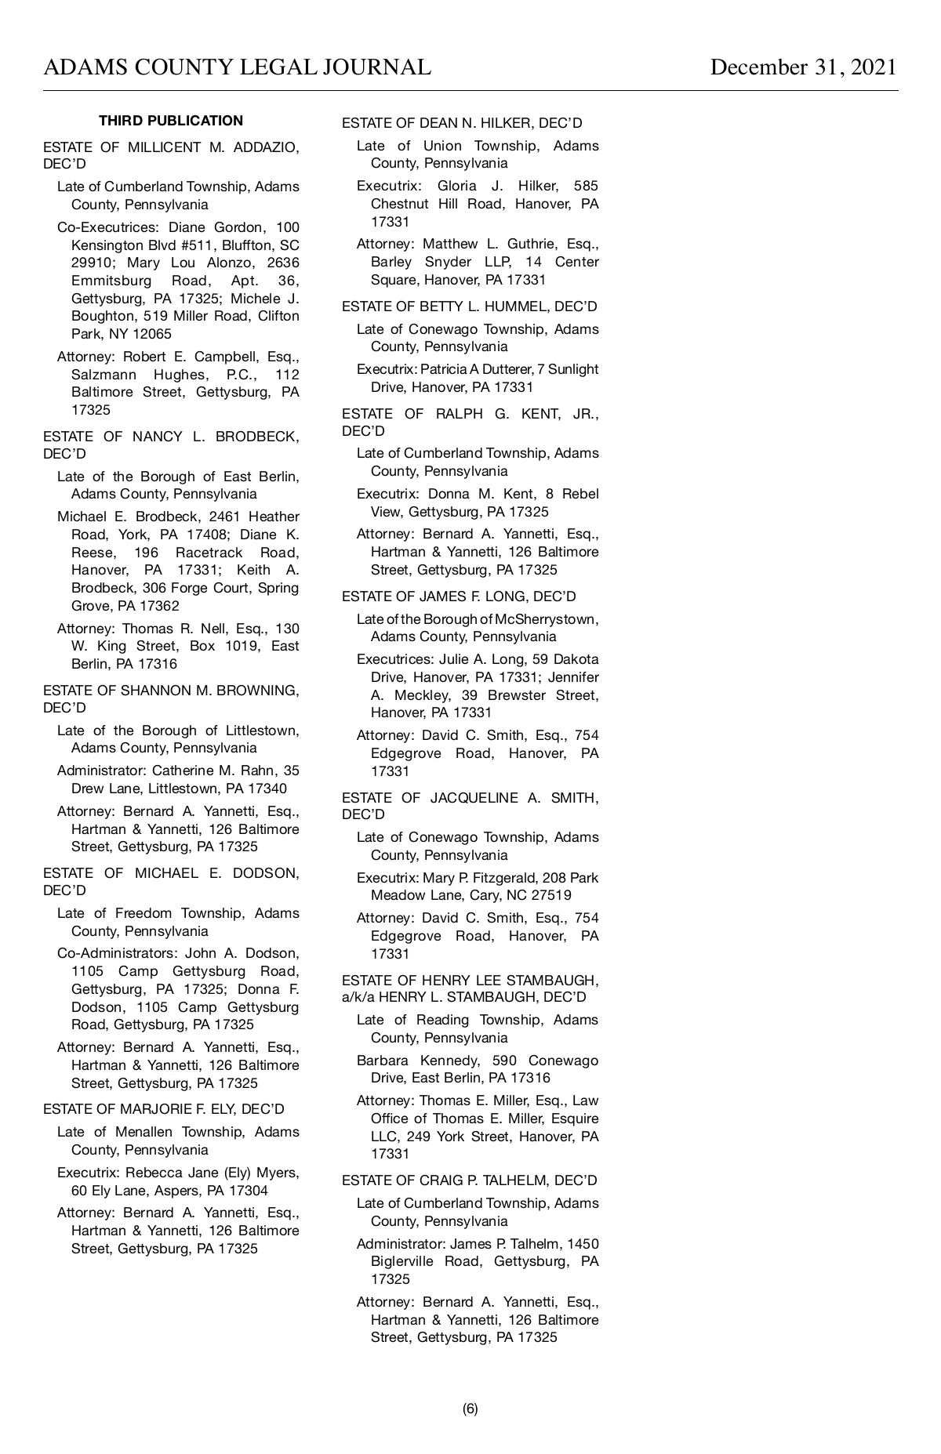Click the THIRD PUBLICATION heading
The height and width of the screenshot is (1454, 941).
171,121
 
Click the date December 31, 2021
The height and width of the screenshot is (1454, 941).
803,67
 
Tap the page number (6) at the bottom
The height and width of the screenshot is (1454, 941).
470,1409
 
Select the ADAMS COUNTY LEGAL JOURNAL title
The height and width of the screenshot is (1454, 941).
237,67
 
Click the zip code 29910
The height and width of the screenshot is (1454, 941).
91,263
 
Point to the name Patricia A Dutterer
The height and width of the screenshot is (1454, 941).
494,369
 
